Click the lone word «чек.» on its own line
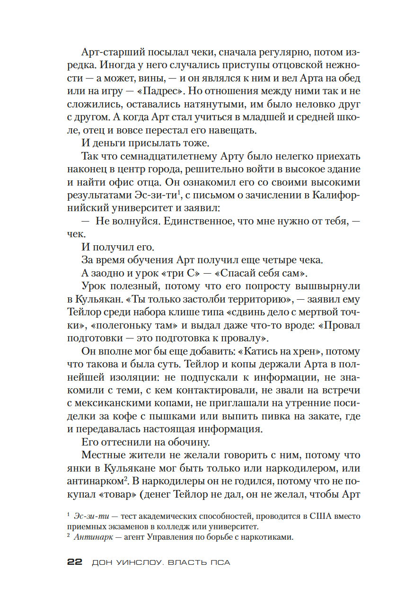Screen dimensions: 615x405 point(74,234)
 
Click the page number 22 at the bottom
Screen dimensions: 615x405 point(75,563)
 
